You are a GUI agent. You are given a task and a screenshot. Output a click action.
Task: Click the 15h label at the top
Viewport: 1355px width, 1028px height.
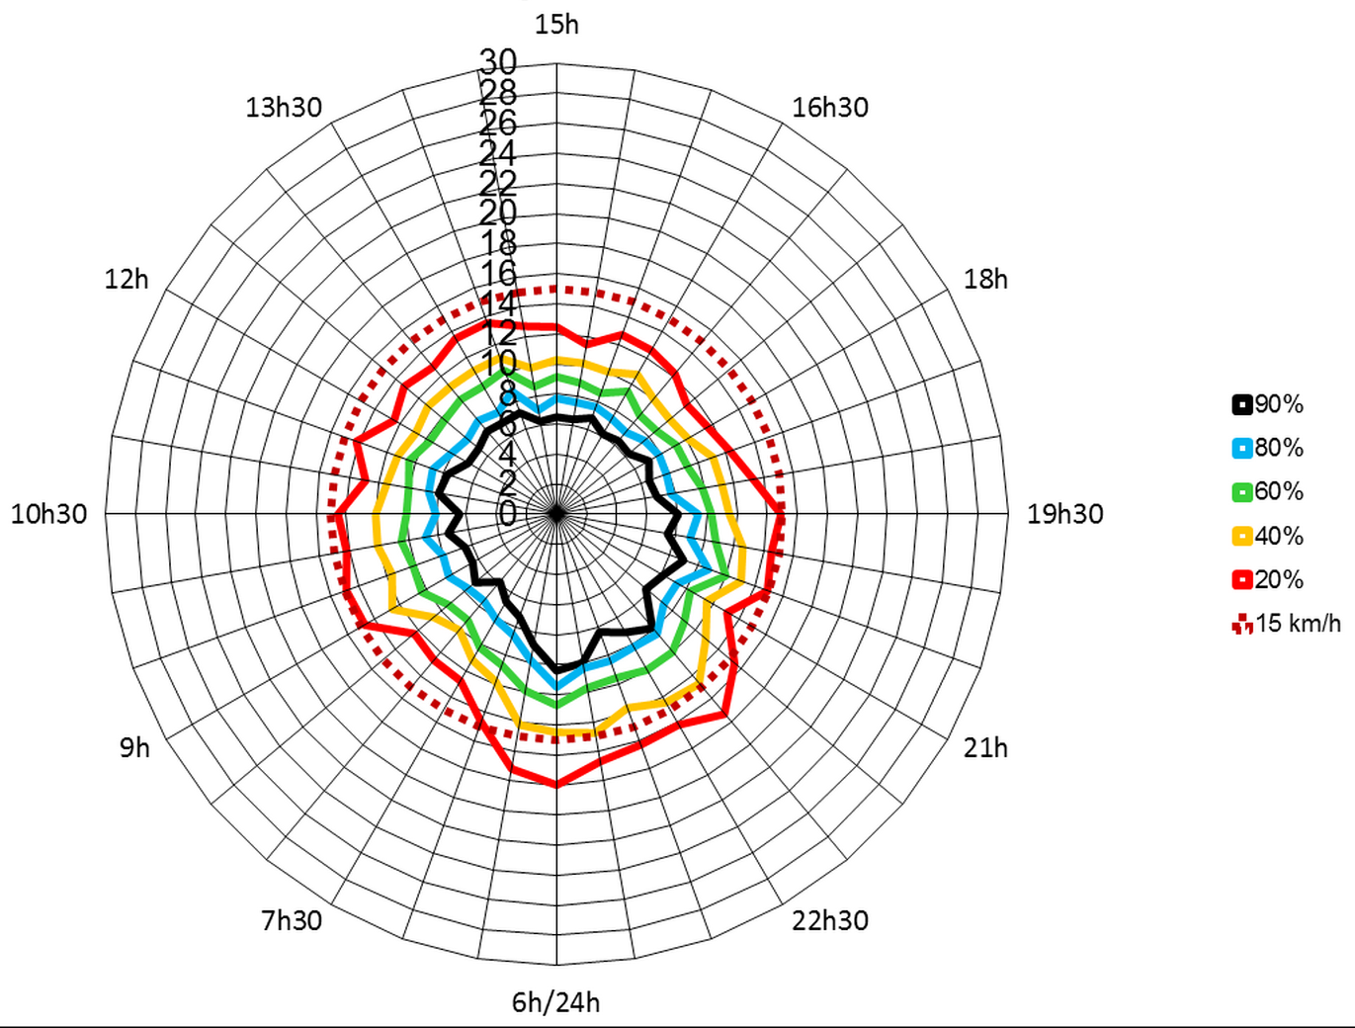click(556, 25)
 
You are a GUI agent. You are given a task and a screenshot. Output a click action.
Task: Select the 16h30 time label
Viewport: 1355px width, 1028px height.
click(829, 107)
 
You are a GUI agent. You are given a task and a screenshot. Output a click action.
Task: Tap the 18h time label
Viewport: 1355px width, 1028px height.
click(985, 279)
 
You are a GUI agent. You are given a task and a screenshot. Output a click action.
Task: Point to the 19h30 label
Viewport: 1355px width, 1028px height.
click(1064, 513)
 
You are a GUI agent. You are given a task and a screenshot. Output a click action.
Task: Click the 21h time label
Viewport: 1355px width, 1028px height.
click(985, 747)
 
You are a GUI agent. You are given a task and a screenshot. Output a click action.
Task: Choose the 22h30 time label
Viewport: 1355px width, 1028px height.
click(829, 920)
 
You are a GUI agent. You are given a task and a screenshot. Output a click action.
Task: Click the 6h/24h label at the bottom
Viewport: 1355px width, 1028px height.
click(555, 1002)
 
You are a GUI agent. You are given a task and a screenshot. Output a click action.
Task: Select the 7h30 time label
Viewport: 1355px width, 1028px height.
click(292, 920)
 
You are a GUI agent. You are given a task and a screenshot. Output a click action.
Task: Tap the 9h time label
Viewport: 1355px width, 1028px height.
click(134, 747)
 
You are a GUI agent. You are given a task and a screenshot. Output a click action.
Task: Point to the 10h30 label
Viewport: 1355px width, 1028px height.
click(48, 513)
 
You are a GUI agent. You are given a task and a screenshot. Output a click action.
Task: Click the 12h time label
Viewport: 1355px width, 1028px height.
click(127, 279)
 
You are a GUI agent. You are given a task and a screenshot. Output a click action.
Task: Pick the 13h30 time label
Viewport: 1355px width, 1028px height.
click(284, 107)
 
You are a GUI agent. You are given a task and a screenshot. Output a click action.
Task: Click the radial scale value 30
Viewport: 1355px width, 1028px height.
click(498, 61)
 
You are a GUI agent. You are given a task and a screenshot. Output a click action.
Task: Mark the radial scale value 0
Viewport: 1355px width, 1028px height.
click(507, 514)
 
